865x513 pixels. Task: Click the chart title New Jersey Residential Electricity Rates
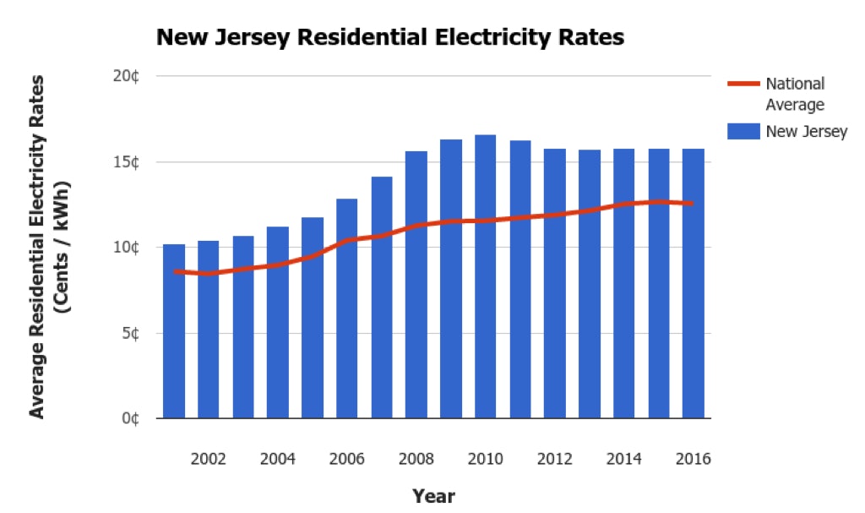389,38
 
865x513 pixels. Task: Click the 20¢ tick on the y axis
128,77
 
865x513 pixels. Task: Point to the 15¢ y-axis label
128,162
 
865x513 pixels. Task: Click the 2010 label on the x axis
485,459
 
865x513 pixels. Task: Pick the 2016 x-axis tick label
693,459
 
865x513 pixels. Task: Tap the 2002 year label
208,459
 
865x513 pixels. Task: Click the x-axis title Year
433,495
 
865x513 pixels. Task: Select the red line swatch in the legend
743,84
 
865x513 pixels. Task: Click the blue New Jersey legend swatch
743,131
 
